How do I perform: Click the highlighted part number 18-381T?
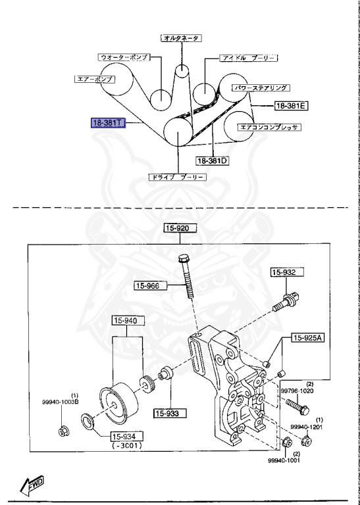tap(107, 122)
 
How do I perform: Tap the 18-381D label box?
tap(211, 160)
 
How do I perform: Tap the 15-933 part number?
tap(170, 413)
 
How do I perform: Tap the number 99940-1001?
tap(284, 461)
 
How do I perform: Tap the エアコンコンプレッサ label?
tap(269, 127)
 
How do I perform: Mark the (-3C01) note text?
tap(125, 446)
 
